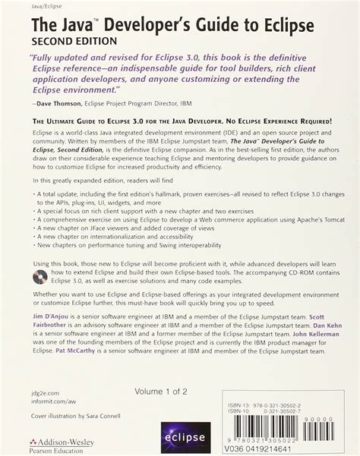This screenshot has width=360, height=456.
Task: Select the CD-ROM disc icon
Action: coord(37,254)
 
